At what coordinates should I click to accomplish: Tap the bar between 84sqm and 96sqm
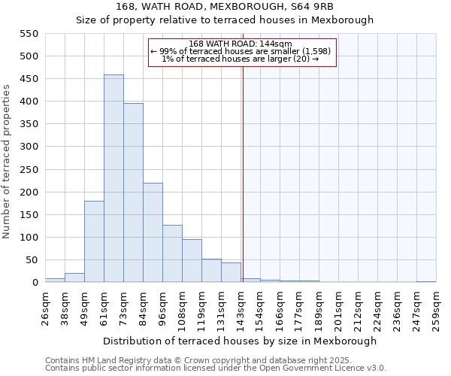153,233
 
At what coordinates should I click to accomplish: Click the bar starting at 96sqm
172,254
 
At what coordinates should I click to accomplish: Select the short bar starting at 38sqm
74,277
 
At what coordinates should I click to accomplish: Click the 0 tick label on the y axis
35,283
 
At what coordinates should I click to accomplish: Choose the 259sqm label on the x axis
436,306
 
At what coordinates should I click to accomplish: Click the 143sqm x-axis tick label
241,306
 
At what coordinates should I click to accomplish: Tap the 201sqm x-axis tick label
338,306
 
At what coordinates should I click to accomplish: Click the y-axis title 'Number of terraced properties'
7,162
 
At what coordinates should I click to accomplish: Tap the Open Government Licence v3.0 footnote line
216,368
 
